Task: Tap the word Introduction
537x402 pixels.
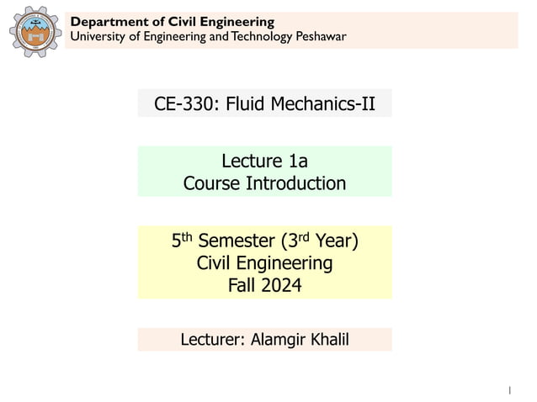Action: tap(296, 182)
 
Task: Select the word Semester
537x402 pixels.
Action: tap(241, 242)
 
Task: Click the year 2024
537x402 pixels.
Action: tap(281, 285)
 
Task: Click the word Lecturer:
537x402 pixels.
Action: tap(213, 340)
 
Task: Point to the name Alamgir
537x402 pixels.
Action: tap(280, 340)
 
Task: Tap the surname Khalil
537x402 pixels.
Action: tap(331, 340)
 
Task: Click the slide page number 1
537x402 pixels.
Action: tap(509, 389)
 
